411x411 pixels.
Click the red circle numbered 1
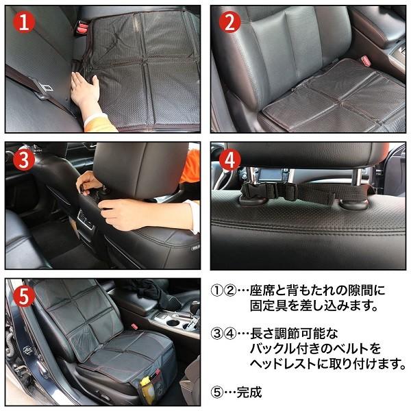[x=24, y=23]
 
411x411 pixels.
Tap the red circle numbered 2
[x=229, y=22]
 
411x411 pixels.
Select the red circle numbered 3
[x=24, y=160]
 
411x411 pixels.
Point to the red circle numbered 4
[x=229, y=160]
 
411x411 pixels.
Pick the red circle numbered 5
[x=23, y=297]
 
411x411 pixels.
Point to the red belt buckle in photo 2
[x=365, y=60]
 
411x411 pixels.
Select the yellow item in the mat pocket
[x=147, y=389]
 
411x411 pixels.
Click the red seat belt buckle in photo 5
[x=134, y=326]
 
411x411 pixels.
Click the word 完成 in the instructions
[x=249, y=393]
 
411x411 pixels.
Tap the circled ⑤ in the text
[x=216, y=393]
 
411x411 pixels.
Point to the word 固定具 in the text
[x=269, y=306]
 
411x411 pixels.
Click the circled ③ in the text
[x=216, y=334]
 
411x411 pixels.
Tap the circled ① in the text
[x=216, y=290]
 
